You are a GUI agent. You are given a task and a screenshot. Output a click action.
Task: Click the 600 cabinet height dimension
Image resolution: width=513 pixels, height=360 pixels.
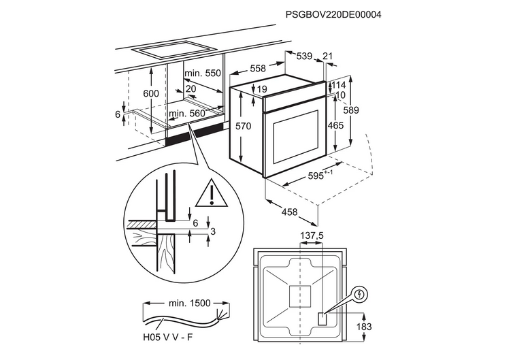click(151, 93)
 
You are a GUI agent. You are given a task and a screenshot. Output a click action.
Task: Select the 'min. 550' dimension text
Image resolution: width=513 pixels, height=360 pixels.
click(203, 73)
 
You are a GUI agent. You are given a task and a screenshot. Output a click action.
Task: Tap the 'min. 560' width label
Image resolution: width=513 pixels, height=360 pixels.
click(186, 114)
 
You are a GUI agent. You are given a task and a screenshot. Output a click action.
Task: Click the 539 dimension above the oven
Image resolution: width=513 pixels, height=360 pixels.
click(303, 56)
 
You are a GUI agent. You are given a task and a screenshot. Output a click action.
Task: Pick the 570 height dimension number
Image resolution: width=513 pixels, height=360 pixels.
click(244, 126)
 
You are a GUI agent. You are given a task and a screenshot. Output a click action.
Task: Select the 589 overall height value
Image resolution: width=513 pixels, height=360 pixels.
click(352, 110)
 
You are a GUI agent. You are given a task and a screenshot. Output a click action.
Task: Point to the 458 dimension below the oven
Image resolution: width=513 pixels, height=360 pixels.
click(290, 212)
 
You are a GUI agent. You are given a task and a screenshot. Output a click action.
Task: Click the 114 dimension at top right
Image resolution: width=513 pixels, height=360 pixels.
click(338, 85)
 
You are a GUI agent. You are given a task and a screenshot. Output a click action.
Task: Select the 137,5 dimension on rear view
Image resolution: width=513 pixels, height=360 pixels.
click(311, 235)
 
